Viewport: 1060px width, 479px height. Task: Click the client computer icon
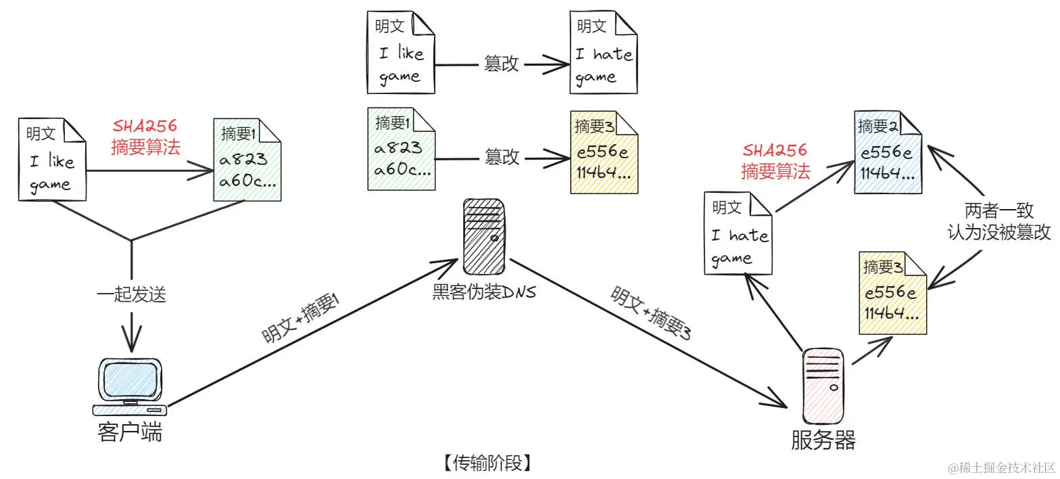[130, 386]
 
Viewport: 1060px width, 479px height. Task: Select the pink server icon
[823, 386]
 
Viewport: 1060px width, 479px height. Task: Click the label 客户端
[130, 432]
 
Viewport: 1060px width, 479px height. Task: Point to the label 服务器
[823, 440]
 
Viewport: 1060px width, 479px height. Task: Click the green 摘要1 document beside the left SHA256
[247, 160]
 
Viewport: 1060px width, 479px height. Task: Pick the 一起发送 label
[131, 295]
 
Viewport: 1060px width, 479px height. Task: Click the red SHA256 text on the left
[145, 126]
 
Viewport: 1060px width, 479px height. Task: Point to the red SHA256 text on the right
[775, 150]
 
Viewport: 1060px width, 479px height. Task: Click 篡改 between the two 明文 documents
[501, 64]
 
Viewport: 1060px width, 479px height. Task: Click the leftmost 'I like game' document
[53, 160]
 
